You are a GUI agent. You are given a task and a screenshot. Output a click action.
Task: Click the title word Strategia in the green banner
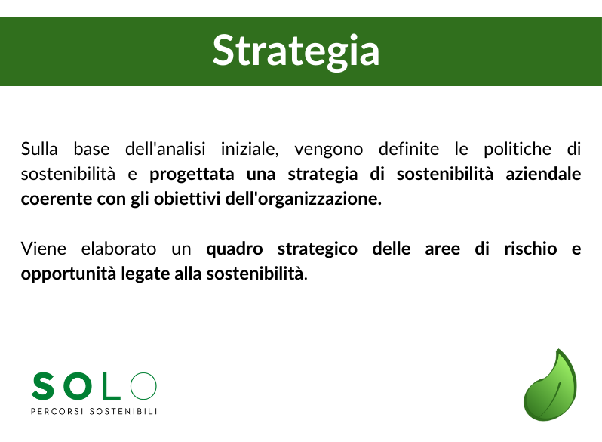296,51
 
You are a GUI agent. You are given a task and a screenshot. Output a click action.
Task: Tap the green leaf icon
550,385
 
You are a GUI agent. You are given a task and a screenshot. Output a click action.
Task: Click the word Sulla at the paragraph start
39,149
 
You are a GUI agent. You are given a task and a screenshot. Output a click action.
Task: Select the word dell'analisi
165,149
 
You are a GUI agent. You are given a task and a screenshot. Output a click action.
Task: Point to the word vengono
328,150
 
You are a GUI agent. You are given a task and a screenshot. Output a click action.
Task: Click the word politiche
518,149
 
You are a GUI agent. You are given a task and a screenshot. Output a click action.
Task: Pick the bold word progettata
192,175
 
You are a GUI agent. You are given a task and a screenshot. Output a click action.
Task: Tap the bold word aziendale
543,174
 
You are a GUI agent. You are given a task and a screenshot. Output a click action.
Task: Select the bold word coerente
57,199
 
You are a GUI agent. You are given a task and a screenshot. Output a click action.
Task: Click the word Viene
44,249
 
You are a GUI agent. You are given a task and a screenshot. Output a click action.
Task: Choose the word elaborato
118,249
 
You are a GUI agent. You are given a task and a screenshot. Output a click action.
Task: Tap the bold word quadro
235,249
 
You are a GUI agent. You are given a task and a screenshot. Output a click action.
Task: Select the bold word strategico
318,249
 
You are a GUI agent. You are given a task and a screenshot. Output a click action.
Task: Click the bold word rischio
530,249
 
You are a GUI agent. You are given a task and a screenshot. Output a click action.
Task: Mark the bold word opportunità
69,274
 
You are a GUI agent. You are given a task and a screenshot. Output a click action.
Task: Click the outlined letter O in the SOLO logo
143,385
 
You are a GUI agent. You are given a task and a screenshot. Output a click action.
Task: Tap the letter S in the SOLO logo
43,386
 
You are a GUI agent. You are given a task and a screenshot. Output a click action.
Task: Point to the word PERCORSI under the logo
57,411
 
